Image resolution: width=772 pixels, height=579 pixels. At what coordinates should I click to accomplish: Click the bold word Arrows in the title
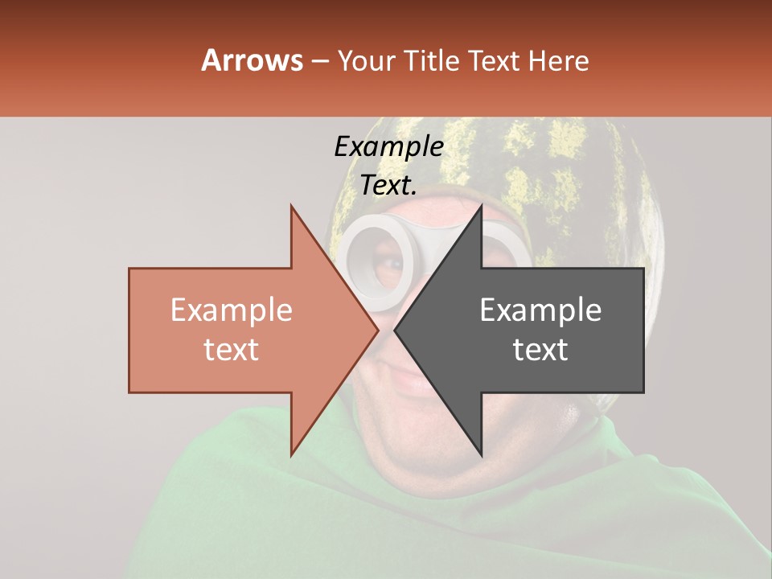pos(253,60)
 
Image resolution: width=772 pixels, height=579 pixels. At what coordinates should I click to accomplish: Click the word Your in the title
pos(367,62)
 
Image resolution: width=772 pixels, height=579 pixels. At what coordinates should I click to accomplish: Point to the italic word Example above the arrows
pos(388,147)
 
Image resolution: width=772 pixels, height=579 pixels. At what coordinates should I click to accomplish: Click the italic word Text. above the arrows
pos(388,186)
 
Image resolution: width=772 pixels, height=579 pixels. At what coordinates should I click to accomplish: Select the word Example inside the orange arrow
pos(232,310)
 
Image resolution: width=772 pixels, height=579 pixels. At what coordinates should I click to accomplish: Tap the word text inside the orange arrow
pos(232,350)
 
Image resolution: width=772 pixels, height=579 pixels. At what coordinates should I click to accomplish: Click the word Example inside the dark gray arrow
pos(540,310)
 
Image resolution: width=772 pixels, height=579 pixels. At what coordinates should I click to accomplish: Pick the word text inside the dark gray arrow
pos(540,350)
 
